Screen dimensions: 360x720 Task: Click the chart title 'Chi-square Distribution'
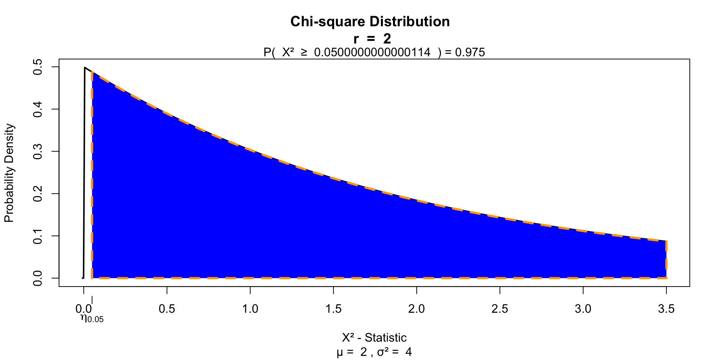(370, 22)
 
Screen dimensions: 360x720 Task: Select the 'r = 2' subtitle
(372, 39)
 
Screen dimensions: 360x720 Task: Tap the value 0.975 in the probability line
(470, 52)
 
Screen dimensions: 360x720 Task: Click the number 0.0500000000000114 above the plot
(372, 52)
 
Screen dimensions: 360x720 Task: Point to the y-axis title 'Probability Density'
(9, 173)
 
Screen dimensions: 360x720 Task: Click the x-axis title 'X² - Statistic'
(374, 338)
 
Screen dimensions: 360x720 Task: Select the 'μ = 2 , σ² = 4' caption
(374, 352)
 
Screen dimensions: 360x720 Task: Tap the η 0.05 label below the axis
(92, 318)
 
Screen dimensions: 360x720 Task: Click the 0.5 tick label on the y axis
(37, 67)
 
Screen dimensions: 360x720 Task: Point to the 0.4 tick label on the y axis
(37, 109)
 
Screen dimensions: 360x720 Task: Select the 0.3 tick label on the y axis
(37, 151)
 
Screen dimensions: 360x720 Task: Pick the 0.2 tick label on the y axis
(37, 194)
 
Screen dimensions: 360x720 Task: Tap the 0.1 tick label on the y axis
(37, 236)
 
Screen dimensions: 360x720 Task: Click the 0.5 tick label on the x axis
(167, 309)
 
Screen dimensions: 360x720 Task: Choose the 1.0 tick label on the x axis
(250, 309)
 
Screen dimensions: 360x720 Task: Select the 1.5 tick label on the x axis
(333, 309)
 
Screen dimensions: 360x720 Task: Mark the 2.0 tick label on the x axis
(417, 309)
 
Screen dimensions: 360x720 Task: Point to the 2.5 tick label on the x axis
(500, 309)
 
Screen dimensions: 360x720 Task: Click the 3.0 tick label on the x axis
(583, 309)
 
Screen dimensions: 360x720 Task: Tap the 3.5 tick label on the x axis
(666, 309)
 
